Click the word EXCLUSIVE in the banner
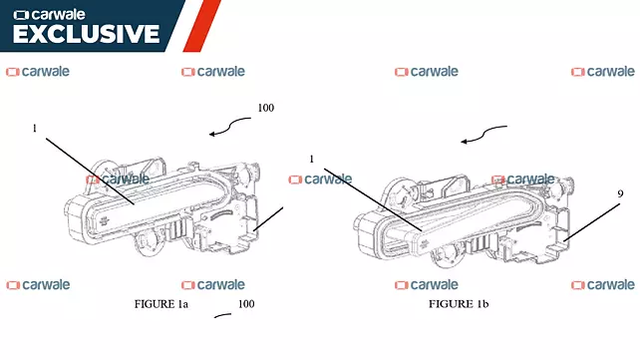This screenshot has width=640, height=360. coord(86,34)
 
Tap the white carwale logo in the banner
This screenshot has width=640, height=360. coord(50,15)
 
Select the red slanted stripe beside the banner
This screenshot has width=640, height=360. coord(202,26)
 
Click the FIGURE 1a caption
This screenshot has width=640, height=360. coord(161,304)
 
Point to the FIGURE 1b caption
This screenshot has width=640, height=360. coord(459,304)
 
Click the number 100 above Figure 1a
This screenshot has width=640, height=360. coord(266,108)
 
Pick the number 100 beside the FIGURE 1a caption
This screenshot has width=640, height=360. coord(246,304)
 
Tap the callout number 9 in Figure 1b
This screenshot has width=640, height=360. coord(620,193)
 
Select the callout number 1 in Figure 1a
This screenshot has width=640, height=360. coord(35,129)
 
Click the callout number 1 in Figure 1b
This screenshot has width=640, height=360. coord(312,160)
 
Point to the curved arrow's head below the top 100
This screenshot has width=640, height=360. coord(211,134)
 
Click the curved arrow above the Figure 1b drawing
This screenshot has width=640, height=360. coord(484,134)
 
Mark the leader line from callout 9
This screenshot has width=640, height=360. coord(592,222)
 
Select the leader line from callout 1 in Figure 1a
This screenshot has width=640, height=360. coord(90,171)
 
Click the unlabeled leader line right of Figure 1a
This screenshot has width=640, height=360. coord(268,219)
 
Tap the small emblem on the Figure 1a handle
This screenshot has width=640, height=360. coord(104,221)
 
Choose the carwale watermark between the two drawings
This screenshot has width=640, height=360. coord(320,180)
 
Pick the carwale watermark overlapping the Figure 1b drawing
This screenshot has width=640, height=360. coord(522,180)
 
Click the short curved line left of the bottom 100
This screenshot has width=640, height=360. coord(223,315)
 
